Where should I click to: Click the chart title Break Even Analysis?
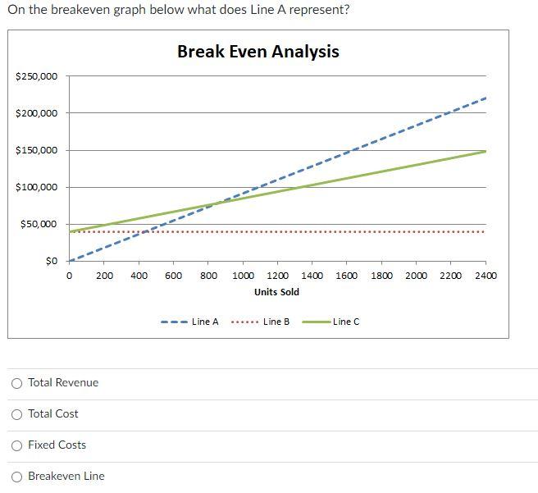click(x=258, y=52)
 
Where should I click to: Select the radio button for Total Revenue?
click(x=17, y=383)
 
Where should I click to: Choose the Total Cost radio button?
click(x=17, y=414)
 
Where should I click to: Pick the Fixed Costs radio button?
click(x=17, y=445)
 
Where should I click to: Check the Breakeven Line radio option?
click(x=17, y=477)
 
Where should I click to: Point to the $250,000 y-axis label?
click(x=37, y=76)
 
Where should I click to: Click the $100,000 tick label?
click(x=37, y=187)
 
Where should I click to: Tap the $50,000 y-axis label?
click(x=39, y=224)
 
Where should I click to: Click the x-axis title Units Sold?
click(x=276, y=292)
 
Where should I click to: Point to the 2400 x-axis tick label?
click(x=485, y=276)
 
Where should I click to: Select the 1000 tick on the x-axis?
click(x=243, y=276)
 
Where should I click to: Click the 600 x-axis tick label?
click(x=174, y=276)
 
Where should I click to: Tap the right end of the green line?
click(x=486, y=151)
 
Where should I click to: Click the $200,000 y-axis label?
click(x=37, y=113)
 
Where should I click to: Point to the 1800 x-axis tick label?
click(x=381, y=276)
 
